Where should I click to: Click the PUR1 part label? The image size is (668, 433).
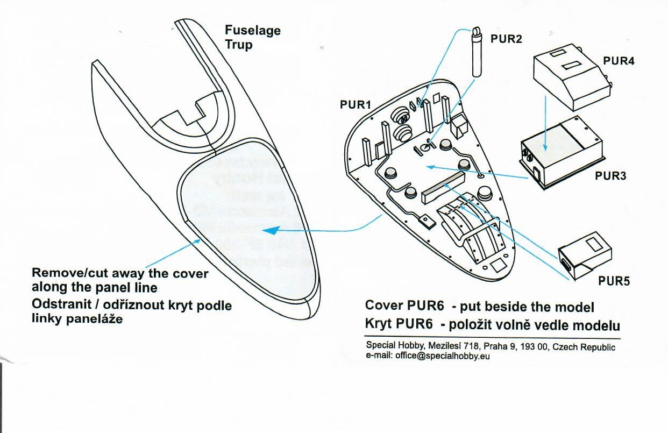pos(356,105)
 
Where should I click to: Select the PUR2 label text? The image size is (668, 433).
pos(506,39)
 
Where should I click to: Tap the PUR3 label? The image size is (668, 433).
pos(610,175)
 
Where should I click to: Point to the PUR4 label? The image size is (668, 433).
pos(619,61)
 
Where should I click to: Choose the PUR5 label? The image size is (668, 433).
pos(614,281)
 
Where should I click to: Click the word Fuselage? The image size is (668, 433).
pos(252,30)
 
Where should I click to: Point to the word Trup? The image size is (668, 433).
pos(238,44)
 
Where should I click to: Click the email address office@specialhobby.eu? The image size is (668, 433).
pos(442,356)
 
